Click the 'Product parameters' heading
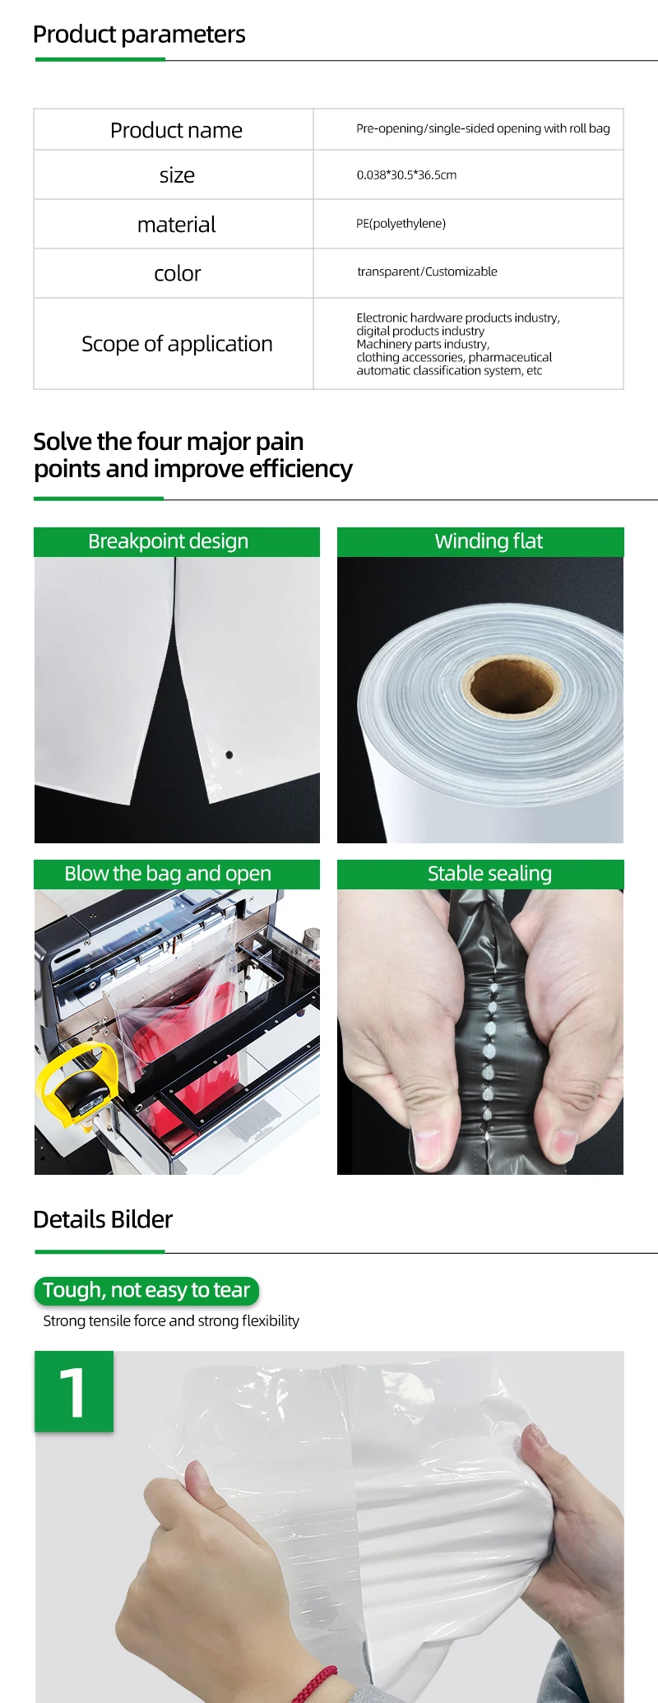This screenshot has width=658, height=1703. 139,35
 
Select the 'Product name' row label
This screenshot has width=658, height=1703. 176,130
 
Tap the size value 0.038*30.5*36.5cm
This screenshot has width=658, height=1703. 406,174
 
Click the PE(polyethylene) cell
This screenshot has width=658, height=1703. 401,224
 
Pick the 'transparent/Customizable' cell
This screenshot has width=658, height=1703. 427,271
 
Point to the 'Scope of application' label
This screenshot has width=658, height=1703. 177,344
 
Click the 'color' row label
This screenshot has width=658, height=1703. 177,273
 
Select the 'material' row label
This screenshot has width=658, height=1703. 176,225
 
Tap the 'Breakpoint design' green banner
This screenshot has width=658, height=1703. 177,541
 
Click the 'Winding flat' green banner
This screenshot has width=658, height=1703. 480,541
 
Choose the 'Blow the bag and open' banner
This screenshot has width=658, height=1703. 177,874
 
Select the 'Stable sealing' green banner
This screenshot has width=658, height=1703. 480,874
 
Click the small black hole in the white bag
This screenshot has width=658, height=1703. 229,754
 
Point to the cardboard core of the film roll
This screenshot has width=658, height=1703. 511,683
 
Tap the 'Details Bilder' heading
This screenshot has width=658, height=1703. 103,1219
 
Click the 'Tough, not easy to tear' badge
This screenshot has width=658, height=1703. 146,1290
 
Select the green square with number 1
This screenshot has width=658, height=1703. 74,1391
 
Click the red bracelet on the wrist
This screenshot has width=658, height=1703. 316,1682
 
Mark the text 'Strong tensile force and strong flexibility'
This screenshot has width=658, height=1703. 171,1320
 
